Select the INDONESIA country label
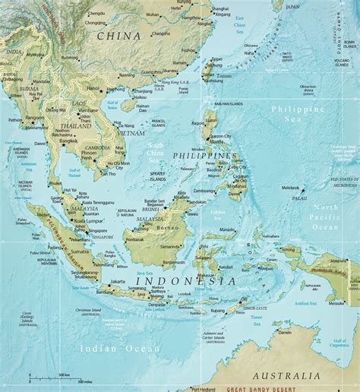[x=185, y=281]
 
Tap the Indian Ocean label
[x=119, y=348]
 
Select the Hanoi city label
[x=93, y=87]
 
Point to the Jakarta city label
[x=118, y=282]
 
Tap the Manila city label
[x=216, y=141]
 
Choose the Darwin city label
[x=284, y=332]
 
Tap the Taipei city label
[x=216, y=58]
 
